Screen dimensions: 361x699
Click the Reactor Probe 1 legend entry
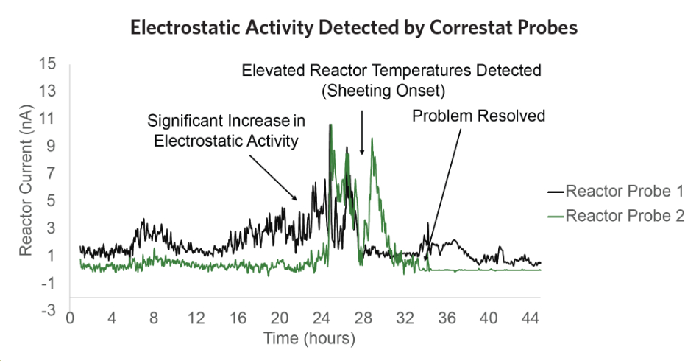coord(625,192)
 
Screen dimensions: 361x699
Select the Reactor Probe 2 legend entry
coord(625,216)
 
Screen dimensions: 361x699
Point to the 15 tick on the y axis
coord(49,63)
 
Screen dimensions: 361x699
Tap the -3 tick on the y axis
coord(49,310)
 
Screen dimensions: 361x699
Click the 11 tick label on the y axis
coord(49,119)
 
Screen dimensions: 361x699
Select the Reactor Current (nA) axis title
coord(26,187)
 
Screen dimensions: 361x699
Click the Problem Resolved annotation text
coord(478,116)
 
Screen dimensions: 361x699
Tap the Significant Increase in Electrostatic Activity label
coord(226,130)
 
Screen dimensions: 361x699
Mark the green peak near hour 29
coord(372,139)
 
